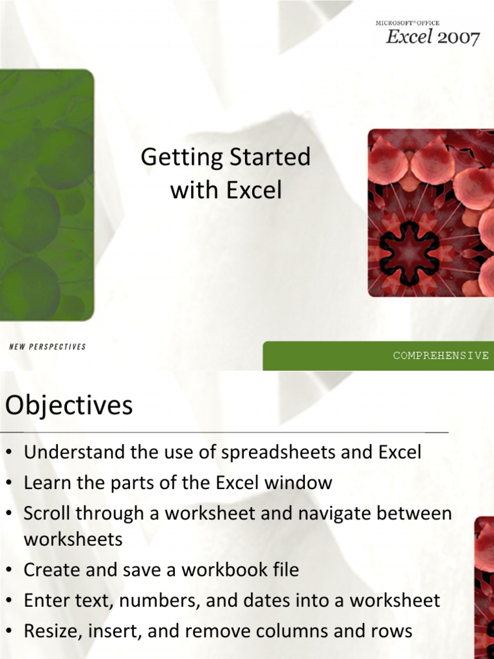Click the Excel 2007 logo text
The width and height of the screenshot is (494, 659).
point(432,37)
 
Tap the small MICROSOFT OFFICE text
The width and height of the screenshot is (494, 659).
point(407,23)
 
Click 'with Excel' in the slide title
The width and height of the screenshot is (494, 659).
point(226,190)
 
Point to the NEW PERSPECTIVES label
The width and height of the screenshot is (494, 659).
point(48,347)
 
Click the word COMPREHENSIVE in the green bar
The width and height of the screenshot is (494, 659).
point(441,355)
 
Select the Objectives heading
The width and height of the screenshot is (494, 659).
point(69,406)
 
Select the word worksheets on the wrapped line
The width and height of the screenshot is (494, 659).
point(73,539)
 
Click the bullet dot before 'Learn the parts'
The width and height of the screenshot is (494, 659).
point(9,483)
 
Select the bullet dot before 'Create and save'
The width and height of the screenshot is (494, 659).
point(9,570)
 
